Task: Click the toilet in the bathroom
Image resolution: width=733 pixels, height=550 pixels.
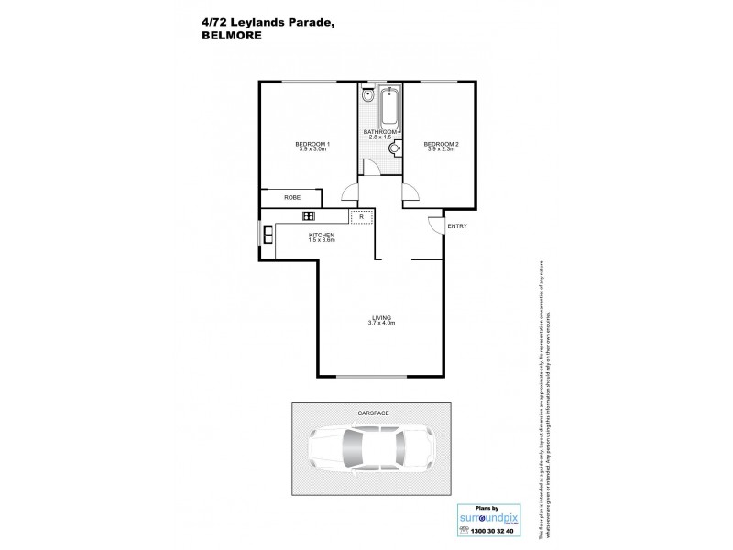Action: (366, 94)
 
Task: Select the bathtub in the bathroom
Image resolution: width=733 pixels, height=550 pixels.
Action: (389, 107)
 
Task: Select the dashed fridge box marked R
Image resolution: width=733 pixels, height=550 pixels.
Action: (362, 216)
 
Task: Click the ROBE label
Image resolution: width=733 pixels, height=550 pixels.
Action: (292, 197)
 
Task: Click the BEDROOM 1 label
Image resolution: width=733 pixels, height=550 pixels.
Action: (312, 144)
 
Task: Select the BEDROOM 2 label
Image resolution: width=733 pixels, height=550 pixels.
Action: (441, 144)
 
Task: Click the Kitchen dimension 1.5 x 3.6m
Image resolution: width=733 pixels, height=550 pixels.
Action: (321, 240)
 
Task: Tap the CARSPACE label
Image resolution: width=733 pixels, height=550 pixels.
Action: (374, 413)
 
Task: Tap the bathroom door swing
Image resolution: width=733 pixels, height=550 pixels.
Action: (369, 167)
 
